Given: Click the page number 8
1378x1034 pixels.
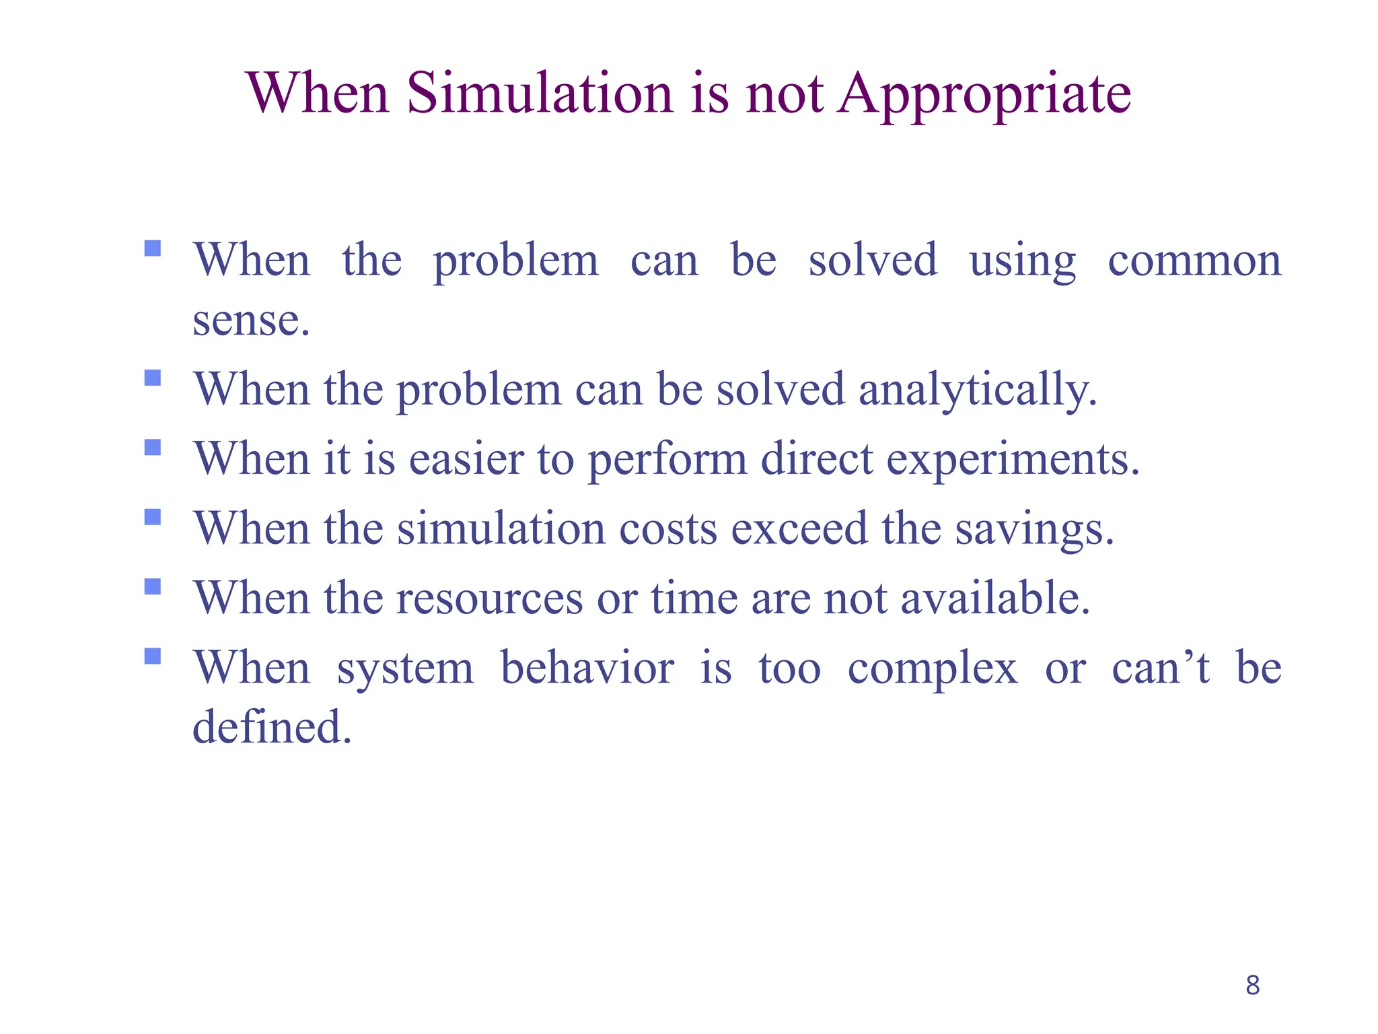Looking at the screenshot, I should point(1252,985).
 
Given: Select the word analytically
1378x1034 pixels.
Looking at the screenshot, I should point(978,390).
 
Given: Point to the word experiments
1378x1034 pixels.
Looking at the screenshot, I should point(1013,460).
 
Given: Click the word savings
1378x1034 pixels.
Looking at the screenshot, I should point(1035,529).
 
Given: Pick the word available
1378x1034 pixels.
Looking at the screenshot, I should point(995,598).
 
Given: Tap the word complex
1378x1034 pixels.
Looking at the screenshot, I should point(933,669).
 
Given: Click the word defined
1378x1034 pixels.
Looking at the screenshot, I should point(272,727).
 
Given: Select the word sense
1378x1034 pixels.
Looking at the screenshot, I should point(251,320).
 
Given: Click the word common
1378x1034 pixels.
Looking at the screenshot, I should point(1194,261).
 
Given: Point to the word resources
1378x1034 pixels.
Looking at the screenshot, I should point(490,599).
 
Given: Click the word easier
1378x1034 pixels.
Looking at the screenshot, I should point(466,460).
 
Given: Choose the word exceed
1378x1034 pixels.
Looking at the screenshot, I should point(799,529).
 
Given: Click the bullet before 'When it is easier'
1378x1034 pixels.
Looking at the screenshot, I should point(153,447).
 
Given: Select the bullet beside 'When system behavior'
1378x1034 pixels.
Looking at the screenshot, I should point(153,656).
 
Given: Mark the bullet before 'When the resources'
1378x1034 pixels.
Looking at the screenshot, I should point(153,586).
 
